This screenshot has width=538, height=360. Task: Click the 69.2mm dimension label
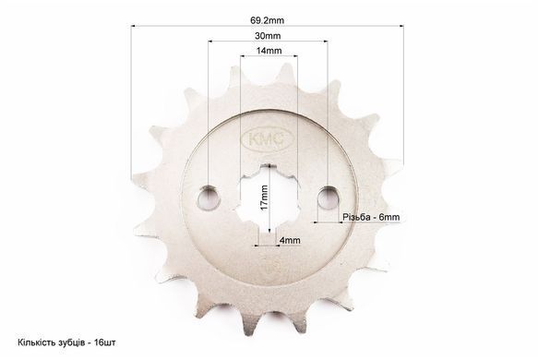point(267,20)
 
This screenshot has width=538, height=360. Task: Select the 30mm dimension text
point(268,36)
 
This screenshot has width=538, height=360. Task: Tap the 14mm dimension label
point(269,51)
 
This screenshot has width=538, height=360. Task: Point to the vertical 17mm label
point(264,198)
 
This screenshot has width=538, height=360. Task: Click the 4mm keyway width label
point(290,240)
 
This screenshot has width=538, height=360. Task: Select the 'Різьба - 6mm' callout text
point(371,217)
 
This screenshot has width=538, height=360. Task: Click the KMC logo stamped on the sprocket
point(268,139)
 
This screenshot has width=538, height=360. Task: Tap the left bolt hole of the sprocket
point(209,197)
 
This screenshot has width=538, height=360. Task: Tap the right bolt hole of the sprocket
point(329,197)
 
